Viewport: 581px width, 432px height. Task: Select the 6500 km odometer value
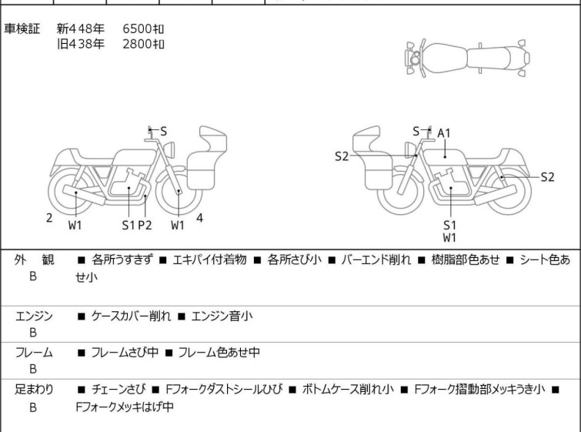[143, 28]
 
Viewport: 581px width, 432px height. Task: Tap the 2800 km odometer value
[143, 44]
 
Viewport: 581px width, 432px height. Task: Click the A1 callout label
[444, 132]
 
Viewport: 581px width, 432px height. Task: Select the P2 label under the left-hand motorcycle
[145, 226]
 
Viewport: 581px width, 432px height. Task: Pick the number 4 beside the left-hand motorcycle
[199, 218]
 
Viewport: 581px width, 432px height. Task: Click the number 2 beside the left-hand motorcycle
[49, 218]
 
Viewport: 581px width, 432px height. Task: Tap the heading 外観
[34, 260]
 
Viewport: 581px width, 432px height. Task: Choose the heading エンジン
[34, 316]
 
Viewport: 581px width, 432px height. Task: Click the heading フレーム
[34, 353]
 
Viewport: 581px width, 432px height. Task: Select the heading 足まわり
[34, 390]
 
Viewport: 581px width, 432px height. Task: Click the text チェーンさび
[116, 390]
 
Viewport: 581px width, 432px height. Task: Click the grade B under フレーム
[33, 369]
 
